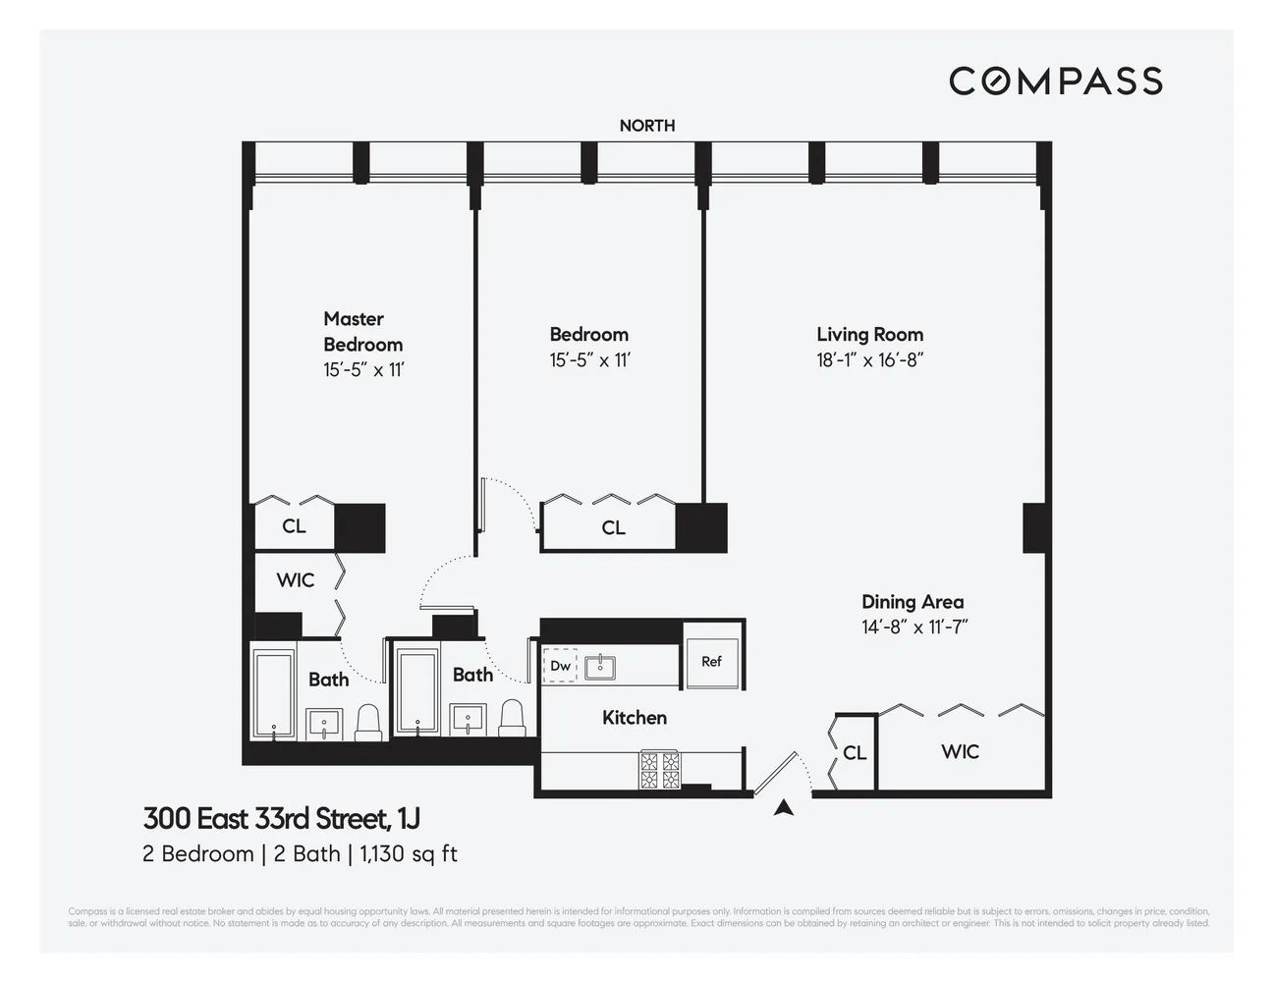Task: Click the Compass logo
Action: pos(1055,81)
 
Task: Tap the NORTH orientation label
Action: pos(646,126)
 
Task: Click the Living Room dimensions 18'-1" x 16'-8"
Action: pos(869,360)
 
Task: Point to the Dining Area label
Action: pos(912,602)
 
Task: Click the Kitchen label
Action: pos(634,718)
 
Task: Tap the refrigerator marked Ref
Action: pos(711,662)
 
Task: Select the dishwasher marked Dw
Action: pos(560,666)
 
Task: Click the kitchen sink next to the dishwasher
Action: pos(599,667)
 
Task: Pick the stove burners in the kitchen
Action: pos(660,770)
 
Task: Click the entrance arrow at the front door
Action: pos(783,808)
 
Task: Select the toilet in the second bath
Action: pos(512,718)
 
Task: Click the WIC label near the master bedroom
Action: pos(295,580)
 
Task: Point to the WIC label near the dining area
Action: pos(960,752)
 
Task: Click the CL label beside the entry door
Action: pos(855,753)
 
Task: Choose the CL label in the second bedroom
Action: pos(613,528)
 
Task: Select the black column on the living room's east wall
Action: pos(1035,527)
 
